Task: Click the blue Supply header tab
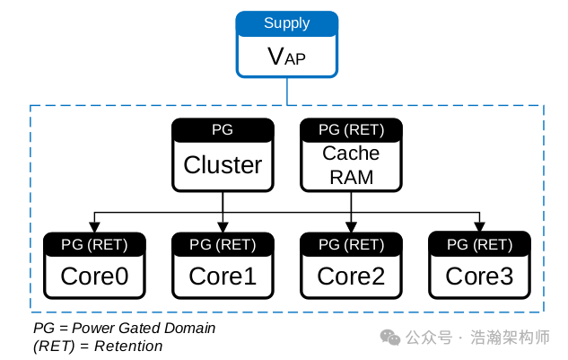click(x=286, y=22)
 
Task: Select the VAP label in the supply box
click(x=286, y=57)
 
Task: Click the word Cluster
click(x=223, y=165)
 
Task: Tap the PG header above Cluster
click(x=223, y=129)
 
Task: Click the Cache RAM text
click(x=351, y=165)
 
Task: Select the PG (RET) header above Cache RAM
click(x=351, y=129)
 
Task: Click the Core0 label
click(x=94, y=277)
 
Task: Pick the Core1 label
click(x=223, y=277)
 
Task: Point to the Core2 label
click(x=351, y=277)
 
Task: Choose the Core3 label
click(x=479, y=277)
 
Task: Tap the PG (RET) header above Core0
click(x=94, y=243)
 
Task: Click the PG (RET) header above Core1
click(x=223, y=243)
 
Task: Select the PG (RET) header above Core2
click(x=351, y=243)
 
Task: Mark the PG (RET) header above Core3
click(x=479, y=243)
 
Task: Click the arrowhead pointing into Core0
click(x=94, y=227)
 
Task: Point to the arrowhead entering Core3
click(x=479, y=227)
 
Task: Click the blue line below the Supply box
click(x=286, y=91)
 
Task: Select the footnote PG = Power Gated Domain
click(x=124, y=328)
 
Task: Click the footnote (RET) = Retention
click(x=98, y=346)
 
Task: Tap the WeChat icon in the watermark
click(x=390, y=338)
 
